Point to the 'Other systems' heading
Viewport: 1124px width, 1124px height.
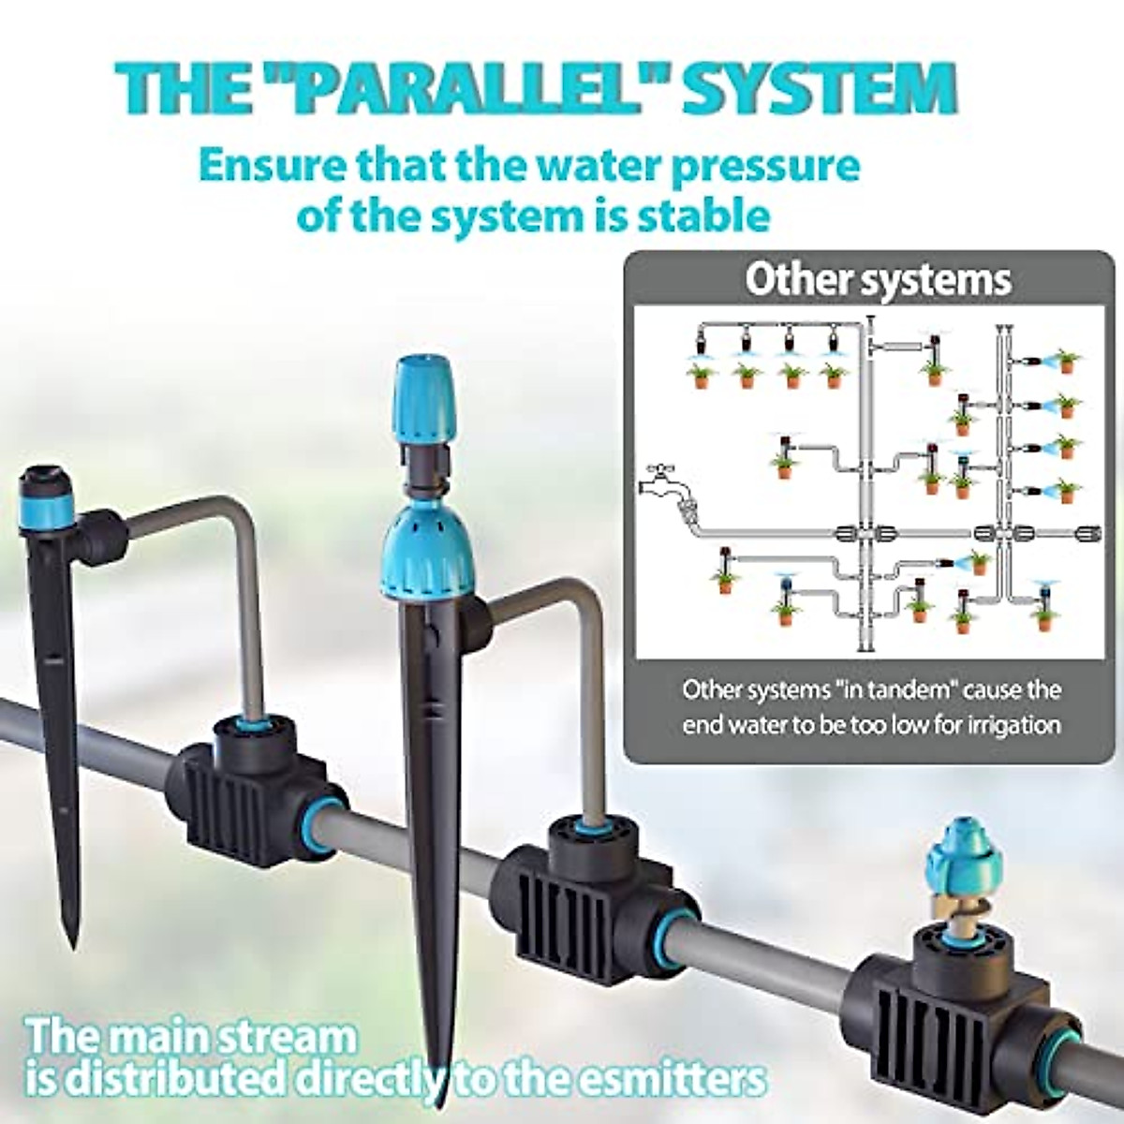878,280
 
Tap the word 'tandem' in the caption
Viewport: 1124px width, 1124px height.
897,691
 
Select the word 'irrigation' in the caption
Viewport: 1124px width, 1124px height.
1005,725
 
